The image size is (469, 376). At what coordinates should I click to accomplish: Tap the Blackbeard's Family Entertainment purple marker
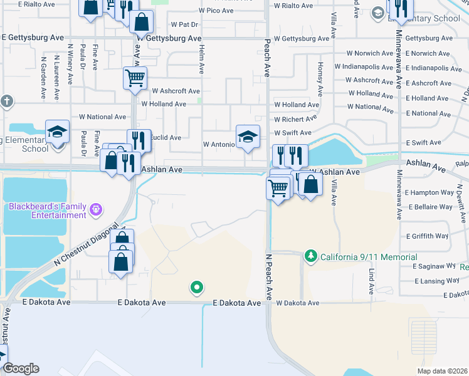[x=96, y=209]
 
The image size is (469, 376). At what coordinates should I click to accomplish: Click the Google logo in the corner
[x=20, y=368]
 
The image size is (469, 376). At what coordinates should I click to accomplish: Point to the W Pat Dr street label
[x=184, y=24]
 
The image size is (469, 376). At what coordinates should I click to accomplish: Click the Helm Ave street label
[x=201, y=59]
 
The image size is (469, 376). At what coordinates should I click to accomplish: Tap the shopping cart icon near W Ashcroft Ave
[x=135, y=78]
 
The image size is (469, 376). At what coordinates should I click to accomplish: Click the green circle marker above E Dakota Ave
[x=197, y=288]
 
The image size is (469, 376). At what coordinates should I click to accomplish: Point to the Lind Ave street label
[x=371, y=281]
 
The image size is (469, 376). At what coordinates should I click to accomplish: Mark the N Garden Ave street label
[x=44, y=78]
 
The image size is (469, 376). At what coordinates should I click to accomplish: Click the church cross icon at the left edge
[x=6, y=102]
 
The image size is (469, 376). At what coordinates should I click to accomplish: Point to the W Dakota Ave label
[x=297, y=303]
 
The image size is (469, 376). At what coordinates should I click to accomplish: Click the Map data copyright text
[x=442, y=371]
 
